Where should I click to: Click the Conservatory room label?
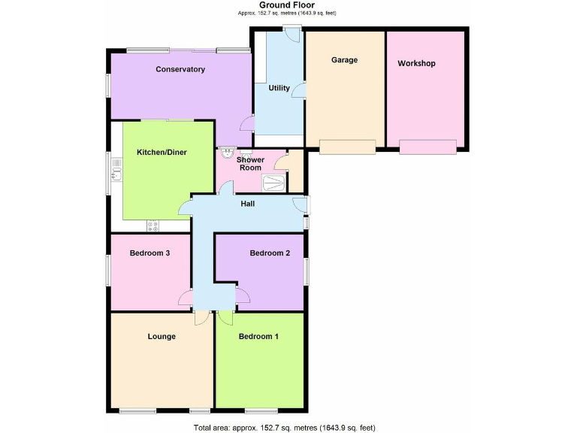click(180, 70)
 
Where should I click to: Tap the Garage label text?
click(345, 60)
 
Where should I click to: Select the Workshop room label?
click(416, 63)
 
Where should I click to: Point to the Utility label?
click(279, 88)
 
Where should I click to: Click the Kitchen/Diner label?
click(162, 153)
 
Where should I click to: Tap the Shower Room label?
click(250, 164)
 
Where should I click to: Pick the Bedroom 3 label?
click(150, 253)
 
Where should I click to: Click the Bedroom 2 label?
click(270, 253)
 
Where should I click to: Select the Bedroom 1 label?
click(258, 336)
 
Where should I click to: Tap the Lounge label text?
click(162, 336)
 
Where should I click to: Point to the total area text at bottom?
click(284, 428)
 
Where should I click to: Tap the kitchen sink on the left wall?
click(116, 175)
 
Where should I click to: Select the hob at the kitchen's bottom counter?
click(153, 225)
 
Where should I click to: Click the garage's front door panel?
click(347, 147)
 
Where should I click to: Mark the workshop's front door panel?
click(427, 147)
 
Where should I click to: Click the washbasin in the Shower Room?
click(226, 151)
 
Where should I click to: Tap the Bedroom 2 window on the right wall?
click(306, 271)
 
